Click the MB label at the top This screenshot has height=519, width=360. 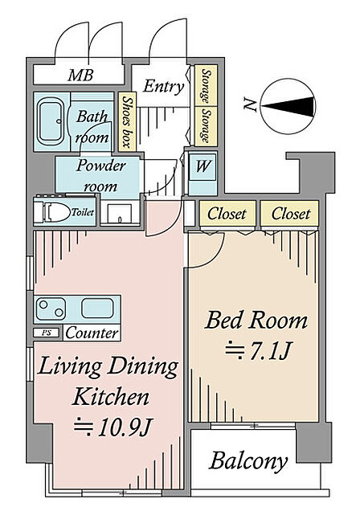(x=80, y=76)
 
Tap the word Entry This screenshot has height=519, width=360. (x=164, y=87)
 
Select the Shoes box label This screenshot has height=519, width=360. (x=127, y=121)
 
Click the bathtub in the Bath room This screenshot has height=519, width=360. (x=51, y=122)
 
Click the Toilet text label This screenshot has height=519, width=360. (x=83, y=212)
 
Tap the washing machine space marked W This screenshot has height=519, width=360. (x=202, y=166)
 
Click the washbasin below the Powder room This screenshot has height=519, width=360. (x=119, y=214)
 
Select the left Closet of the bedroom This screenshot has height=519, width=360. (x=227, y=214)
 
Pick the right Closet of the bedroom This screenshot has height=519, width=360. (x=290, y=214)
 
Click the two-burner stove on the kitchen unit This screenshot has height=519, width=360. (x=51, y=309)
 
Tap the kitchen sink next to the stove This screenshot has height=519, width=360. (x=98, y=309)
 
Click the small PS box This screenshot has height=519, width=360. (x=47, y=333)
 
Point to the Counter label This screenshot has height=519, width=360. (x=92, y=333)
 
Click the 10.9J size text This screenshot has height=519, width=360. (x=112, y=427)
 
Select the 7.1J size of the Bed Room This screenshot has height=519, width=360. (x=258, y=351)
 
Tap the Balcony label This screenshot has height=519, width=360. (x=248, y=460)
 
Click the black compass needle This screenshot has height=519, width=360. (x=288, y=106)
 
